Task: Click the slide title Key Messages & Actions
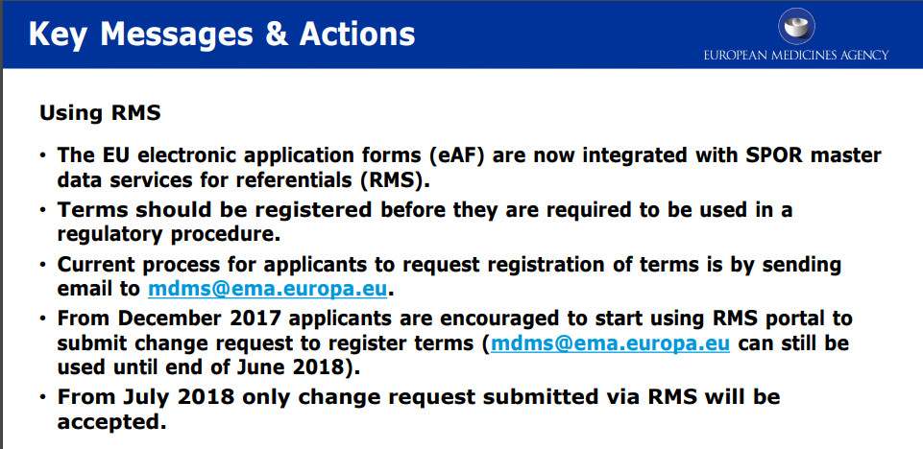tap(221, 35)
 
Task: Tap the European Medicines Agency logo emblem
tap(796, 25)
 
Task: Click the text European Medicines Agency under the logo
tap(796, 56)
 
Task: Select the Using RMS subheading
tap(100, 113)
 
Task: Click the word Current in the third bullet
tap(94, 265)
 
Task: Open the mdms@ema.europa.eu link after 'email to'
tap(268, 289)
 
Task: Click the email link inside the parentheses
tap(611, 343)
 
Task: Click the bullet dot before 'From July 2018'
tap(42, 397)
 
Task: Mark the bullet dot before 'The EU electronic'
tap(42, 155)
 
